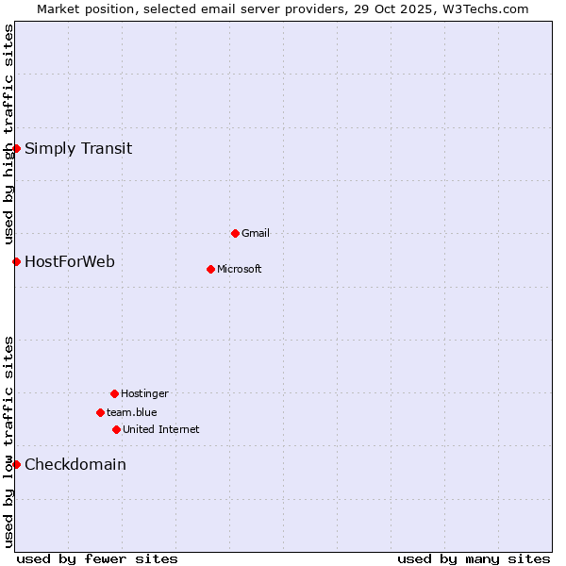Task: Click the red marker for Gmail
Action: coord(235,233)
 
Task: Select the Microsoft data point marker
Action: coord(210,269)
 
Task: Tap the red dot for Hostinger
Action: coord(114,393)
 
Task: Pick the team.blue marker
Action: coord(100,412)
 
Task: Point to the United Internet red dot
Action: coord(116,429)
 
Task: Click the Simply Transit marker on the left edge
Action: coord(16,148)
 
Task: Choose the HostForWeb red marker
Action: coord(16,261)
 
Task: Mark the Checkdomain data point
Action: coord(16,464)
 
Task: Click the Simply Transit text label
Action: coord(78,148)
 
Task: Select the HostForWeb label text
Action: coord(70,261)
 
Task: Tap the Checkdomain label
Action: coord(75,464)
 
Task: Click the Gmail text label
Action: coord(256,233)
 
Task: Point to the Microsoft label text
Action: coord(240,269)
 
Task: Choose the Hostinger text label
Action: coord(144,393)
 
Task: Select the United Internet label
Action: coord(161,429)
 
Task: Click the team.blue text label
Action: coord(132,412)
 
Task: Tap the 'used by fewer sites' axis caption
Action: coord(97,558)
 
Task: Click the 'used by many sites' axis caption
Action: coord(474,558)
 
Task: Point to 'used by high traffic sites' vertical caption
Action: coord(8,132)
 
